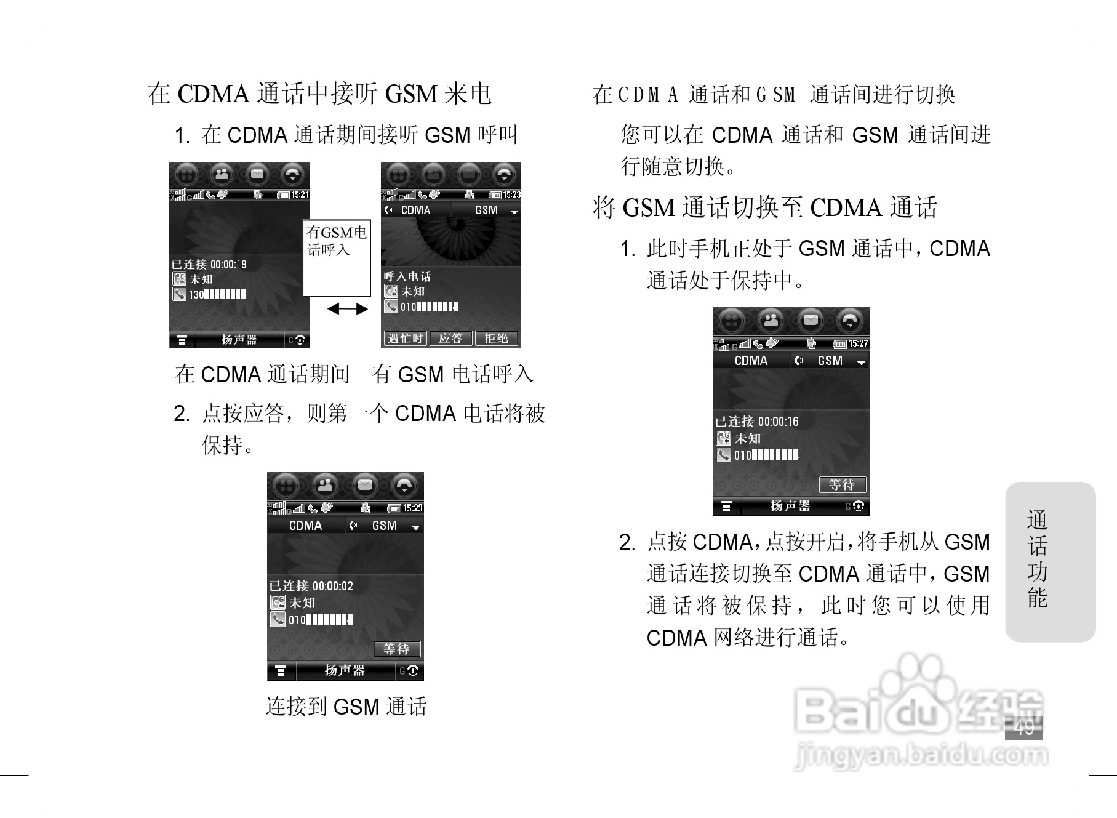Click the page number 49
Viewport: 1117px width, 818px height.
tap(1023, 727)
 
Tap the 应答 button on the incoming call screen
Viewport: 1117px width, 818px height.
tap(450, 339)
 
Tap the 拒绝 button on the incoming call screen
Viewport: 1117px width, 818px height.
tap(496, 339)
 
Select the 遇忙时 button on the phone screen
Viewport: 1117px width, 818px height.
tap(405, 339)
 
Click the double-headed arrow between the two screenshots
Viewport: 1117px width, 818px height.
tap(347, 309)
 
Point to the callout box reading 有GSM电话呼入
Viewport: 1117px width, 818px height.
tap(337, 258)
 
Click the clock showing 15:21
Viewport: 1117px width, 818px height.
tap(300, 195)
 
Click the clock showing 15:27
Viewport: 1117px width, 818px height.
tap(858, 343)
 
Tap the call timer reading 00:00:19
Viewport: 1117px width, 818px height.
tap(228, 265)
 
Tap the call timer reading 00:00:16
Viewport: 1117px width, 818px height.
tap(778, 422)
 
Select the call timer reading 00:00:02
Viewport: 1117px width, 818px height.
tap(332, 586)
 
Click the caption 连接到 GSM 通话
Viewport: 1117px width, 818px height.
tap(346, 706)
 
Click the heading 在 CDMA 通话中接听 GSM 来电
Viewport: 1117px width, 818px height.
tap(319, 94)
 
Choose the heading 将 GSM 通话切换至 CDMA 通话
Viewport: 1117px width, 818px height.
tap(764, 207)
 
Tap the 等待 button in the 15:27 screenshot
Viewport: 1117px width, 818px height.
tap(842, 485)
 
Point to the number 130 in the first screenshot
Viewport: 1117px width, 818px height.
tap(196, 295)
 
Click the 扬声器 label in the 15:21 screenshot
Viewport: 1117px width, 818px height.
tap(239, 340)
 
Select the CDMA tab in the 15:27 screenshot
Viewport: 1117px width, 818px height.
tap(751, 361)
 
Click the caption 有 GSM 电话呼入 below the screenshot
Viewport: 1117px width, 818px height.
tap(452, 374)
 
